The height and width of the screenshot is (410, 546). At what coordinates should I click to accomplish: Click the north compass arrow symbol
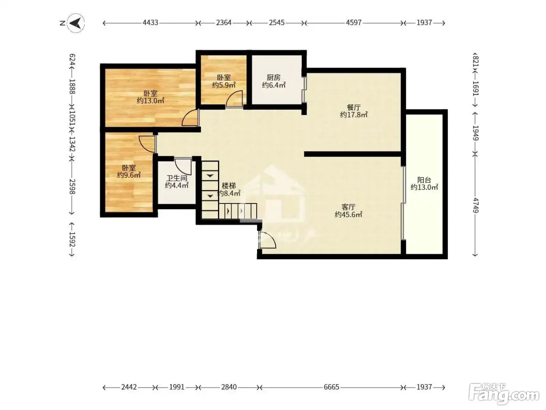click(76, 23)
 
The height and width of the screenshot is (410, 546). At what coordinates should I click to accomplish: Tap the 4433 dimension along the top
click(150, 23)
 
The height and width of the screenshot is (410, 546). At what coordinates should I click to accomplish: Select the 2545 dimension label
click(277, 23)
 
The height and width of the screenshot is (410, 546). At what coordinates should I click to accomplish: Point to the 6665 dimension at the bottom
click(331, 387)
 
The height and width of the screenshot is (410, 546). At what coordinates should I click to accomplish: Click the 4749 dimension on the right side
click(475, 205)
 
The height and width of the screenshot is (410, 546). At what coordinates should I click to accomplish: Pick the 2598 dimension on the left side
click(73, 187)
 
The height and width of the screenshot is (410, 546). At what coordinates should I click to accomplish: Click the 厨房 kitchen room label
click(273, 77)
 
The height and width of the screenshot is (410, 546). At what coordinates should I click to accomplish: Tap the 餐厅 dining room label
click(353, 107)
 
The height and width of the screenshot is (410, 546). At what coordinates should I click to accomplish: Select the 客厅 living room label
click(348, 207)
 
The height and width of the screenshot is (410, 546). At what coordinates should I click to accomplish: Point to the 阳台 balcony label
click(424, 180)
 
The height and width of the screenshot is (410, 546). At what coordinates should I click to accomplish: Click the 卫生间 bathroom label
click(177, 178)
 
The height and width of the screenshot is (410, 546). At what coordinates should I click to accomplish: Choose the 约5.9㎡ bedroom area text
click(224, 85)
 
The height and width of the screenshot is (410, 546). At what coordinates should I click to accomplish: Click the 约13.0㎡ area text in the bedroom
click(151, 101)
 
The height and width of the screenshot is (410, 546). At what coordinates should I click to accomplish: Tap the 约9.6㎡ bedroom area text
click(129, 175)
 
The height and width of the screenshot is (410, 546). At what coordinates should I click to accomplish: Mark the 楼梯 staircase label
click(229, 186)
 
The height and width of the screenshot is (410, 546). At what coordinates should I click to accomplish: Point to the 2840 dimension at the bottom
click(229, 387)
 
